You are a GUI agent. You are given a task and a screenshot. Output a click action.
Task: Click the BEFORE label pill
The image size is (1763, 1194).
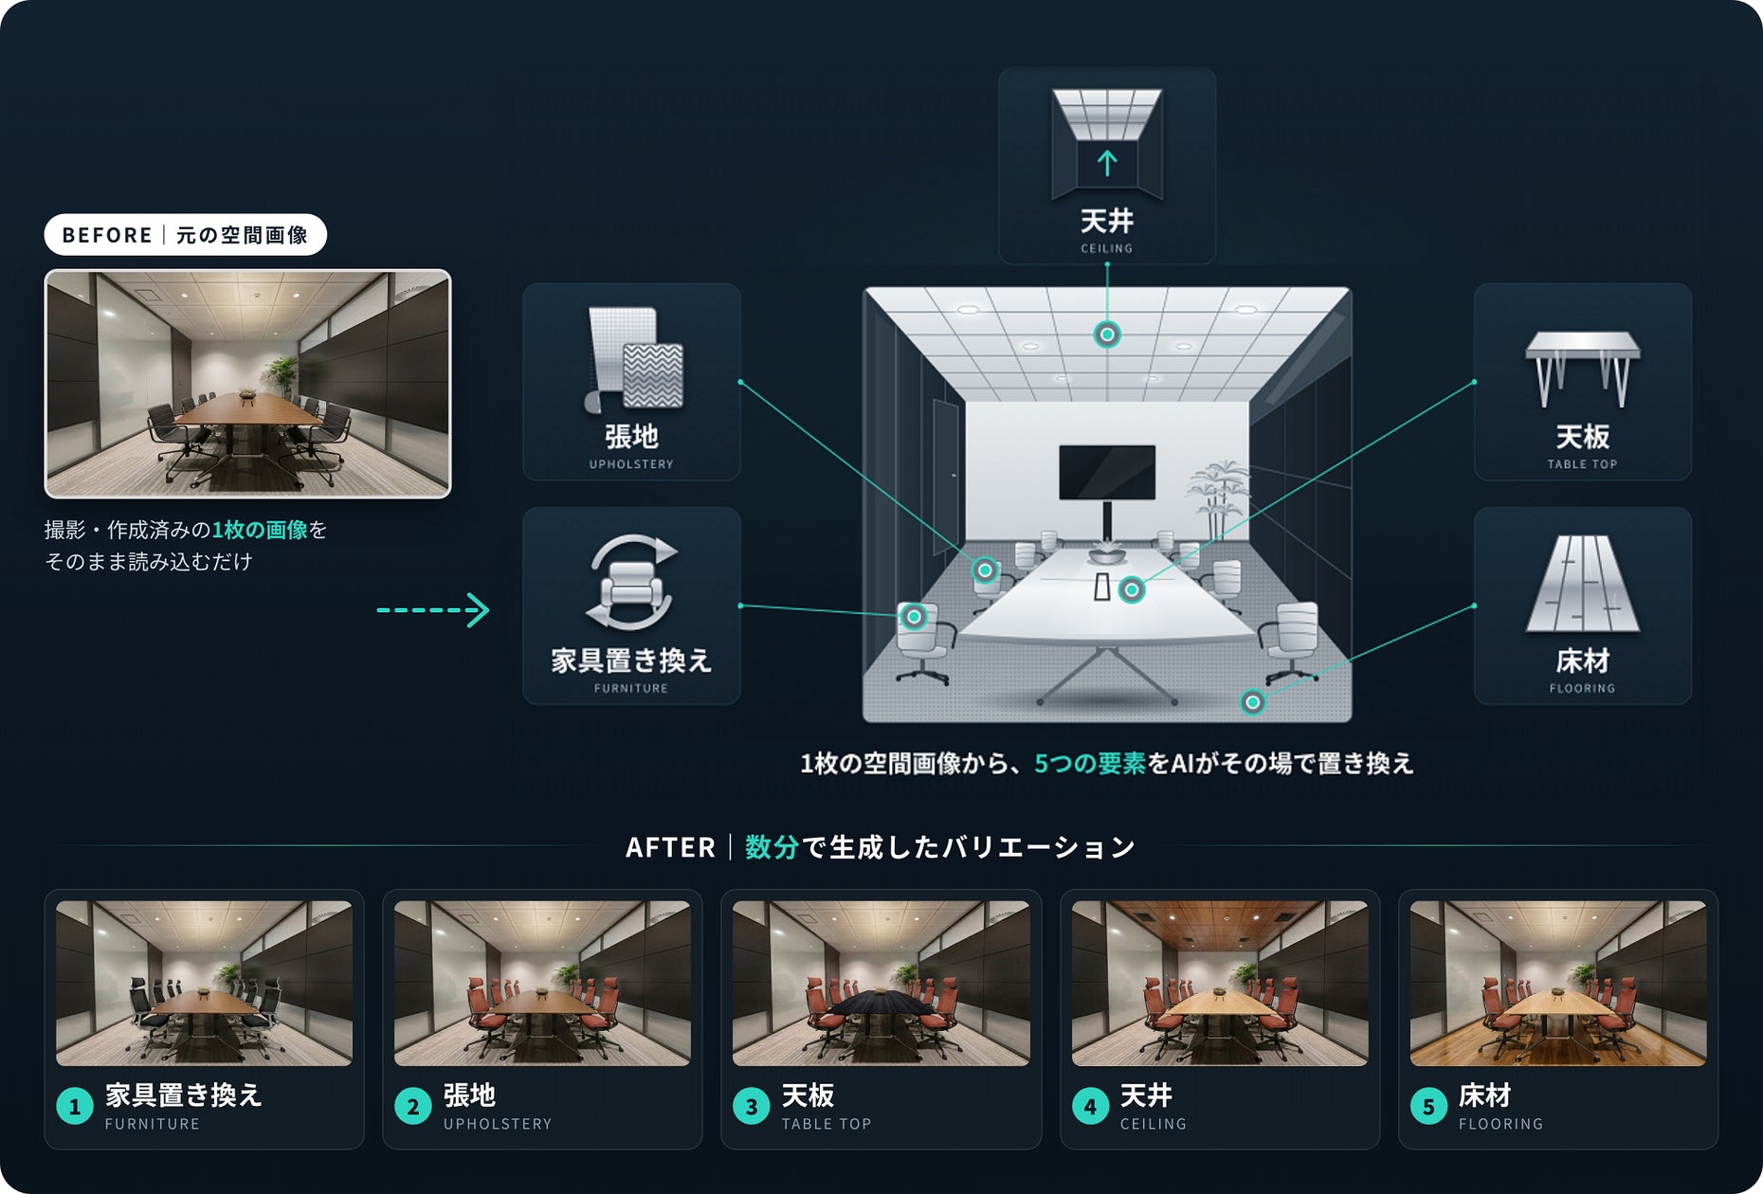point(185,235)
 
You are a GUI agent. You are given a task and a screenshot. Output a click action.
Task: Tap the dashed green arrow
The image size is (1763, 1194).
point(433,609)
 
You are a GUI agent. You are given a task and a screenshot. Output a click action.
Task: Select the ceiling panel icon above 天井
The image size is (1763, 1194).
point(1107,143)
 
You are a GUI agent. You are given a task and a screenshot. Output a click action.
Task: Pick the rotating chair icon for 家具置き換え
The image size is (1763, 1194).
point(631,583)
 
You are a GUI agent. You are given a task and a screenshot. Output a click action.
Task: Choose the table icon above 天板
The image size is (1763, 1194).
point(1582,368)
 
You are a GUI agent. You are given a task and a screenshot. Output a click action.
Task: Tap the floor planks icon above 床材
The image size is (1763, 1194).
point(1582,584)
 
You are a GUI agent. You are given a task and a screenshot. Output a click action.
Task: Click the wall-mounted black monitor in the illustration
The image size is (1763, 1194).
point(1107,472)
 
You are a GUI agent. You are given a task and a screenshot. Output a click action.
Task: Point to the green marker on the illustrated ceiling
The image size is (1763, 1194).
point(1107,334)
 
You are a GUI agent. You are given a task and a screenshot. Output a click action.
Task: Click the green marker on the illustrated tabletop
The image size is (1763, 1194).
point(1132,590)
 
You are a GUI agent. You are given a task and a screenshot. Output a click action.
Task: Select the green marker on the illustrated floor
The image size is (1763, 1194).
point(1253,702)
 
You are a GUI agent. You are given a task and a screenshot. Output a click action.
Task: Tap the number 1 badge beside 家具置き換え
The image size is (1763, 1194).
point(75,1106)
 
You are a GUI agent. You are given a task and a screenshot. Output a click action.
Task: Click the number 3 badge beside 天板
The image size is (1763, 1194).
point(752,1106)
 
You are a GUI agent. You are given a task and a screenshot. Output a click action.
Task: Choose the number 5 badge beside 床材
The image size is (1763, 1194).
point(1428,1106)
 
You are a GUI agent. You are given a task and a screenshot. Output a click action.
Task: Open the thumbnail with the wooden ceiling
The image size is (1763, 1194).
point(1220,983)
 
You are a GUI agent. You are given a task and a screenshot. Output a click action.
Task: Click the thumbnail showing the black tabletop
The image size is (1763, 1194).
point(881,983)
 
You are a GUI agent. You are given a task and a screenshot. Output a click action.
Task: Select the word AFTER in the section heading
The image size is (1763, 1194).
point(670,847)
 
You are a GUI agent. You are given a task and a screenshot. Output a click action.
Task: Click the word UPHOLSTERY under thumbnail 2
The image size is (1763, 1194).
point(498,1124)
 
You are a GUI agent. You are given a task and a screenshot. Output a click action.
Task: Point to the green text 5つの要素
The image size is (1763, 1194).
point(1090,764)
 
